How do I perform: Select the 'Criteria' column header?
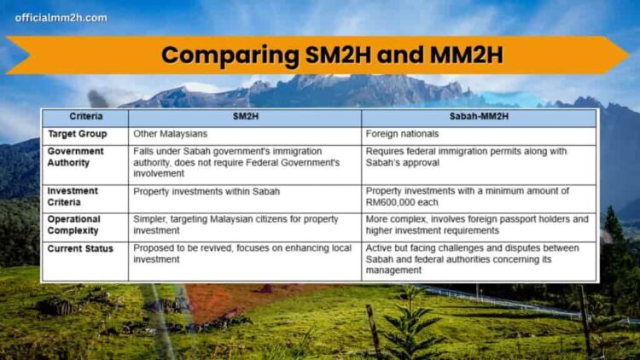click(x=85, y=117)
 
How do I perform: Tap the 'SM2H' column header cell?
click(x=244, y=117)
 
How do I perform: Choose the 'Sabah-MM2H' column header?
click(x=479, y=117)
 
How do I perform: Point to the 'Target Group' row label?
click(x=78, y=135)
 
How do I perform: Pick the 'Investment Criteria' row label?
click(x=73, y=196)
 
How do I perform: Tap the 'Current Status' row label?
click(x=80, y=247)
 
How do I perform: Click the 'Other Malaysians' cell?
click(x=171, y=135)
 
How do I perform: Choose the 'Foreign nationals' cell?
click(x=402, y=135)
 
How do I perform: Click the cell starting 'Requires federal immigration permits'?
click(x=465, y=156)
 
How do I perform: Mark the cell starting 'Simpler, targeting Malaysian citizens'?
click(x=230, y=224)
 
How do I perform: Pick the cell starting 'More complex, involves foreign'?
click(x=476, y=224)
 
